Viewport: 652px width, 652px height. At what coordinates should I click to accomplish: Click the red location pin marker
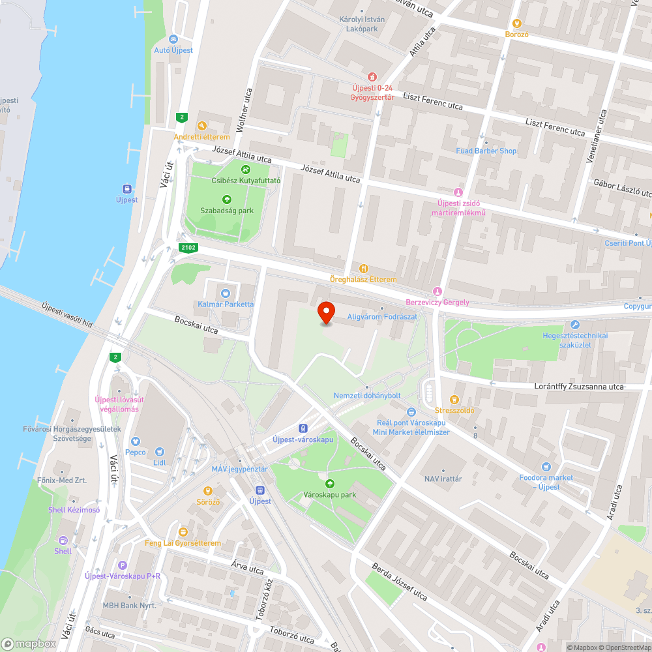tap(326, 312)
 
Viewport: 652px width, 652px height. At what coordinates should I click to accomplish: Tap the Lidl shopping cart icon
tap(160, 451)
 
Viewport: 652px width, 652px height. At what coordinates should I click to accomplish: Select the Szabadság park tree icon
tap(227, 200)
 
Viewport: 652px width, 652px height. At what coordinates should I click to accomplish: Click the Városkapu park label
tap(330, 495)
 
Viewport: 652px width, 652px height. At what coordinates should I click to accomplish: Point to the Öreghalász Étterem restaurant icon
tap(364, 268)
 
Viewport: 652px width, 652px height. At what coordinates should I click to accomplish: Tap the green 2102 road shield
tap(189, 248)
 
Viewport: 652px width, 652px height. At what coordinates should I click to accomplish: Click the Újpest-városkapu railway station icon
tap(303, 428)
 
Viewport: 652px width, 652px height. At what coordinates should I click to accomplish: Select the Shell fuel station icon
tap(63, 540)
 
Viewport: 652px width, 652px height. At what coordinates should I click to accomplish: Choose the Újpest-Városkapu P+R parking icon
tap(123, 565)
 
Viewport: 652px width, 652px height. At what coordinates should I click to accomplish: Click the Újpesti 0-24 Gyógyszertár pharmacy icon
tap(372, 77)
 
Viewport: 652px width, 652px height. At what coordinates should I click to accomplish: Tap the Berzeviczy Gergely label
tap(437, 303)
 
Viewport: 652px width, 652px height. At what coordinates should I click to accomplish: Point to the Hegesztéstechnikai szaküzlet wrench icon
tap(574, 324)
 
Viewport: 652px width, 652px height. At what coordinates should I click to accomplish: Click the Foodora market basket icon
tap(546, 467)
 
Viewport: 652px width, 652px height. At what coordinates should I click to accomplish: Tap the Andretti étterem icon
tap(201, 126)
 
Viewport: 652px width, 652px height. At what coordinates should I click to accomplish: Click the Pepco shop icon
tap(136, 441)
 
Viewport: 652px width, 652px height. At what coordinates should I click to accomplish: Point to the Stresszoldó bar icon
tap(454, 399)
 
